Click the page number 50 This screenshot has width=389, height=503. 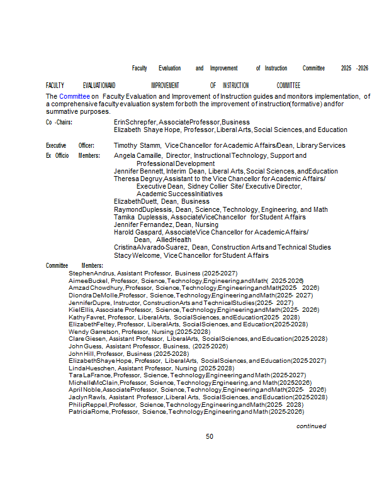click(210, 436)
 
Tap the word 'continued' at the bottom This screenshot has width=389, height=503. click(311, 426)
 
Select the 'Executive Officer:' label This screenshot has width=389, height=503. click(70, 145)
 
